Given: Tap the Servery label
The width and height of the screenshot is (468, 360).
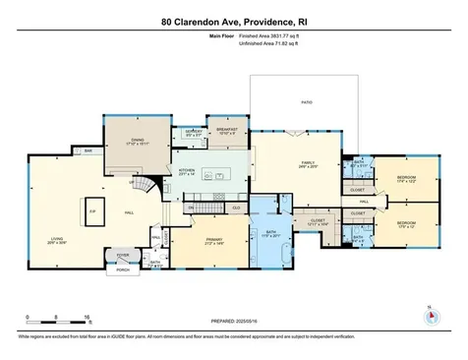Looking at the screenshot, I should click(x=195, y=132).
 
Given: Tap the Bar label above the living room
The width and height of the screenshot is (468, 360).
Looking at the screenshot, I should click(x=88, y=150).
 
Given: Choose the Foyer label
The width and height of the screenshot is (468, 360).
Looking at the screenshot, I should click(x=122, y=254).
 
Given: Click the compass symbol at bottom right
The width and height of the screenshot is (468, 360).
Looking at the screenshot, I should click(x=429, y=317).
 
